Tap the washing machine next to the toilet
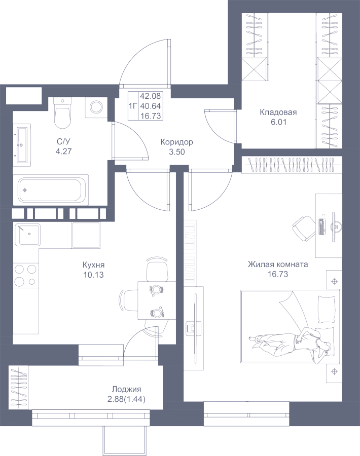pyautogui.click(x=95, y=106)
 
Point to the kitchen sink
pyautogui.click(x=28, y=235)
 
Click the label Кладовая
pyautogui.click(x=278, y=112)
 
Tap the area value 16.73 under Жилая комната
pyautogui.click(x=277, y=274)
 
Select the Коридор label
pyautogui.click(x=176, y=142)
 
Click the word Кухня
pyautogui.click(x=93, y=265)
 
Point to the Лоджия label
pyautogui.click(x=126, y=389)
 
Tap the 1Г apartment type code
pyautogui.click(x=133, y=106)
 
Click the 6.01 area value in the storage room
pyautogui.click(x=278, y=122)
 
